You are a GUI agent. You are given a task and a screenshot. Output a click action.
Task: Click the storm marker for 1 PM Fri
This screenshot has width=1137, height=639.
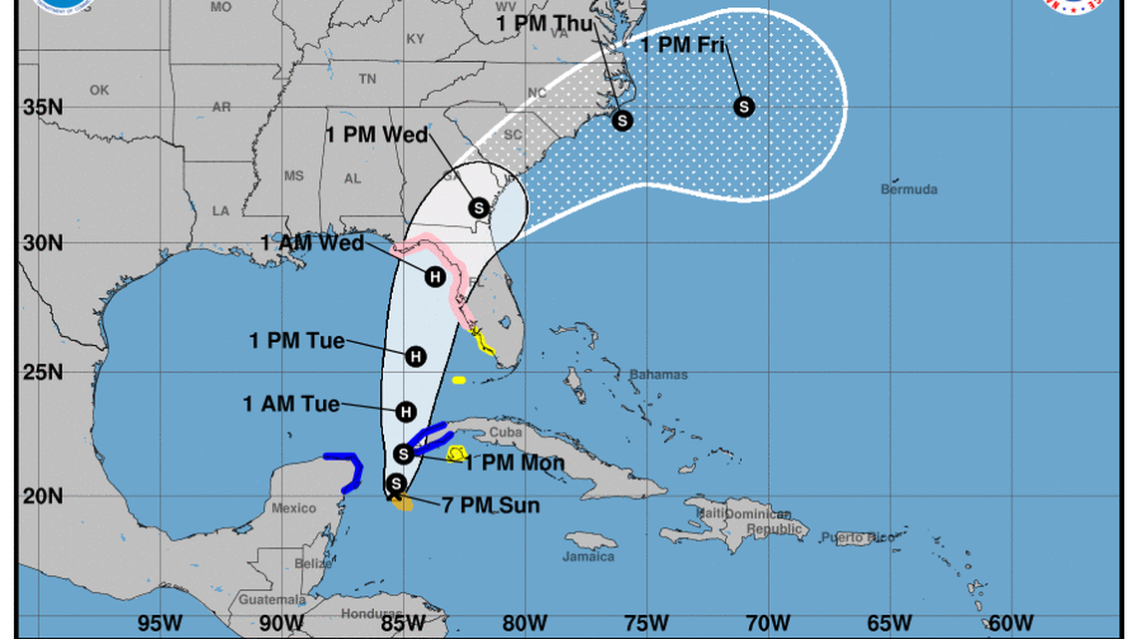point(743,107)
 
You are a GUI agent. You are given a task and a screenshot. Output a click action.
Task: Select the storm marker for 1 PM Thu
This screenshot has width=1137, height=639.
point(622,121)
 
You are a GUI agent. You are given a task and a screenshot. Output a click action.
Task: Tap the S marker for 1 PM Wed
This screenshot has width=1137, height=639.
point(479,207)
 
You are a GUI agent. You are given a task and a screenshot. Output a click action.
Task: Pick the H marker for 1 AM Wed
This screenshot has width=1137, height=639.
point(435,277)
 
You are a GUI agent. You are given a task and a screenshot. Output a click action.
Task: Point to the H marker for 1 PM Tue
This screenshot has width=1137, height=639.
point(416,356)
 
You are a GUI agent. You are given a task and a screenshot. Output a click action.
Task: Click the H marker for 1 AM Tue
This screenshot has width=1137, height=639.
point(406,411)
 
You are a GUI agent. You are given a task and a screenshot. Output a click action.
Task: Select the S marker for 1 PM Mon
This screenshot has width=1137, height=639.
point(404,454)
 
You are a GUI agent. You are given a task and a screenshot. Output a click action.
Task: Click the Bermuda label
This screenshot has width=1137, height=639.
point(909,189)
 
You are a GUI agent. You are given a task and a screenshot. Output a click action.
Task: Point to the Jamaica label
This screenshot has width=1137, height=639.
point(588,556)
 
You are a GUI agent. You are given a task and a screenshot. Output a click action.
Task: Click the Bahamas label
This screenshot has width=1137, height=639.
point(658,375)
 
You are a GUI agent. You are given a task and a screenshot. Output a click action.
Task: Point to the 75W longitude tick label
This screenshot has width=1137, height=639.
point(645,623)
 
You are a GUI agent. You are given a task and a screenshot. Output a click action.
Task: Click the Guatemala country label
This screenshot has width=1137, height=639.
point(272,600)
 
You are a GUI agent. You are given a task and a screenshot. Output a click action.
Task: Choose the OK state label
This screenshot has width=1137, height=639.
point(99,90)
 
